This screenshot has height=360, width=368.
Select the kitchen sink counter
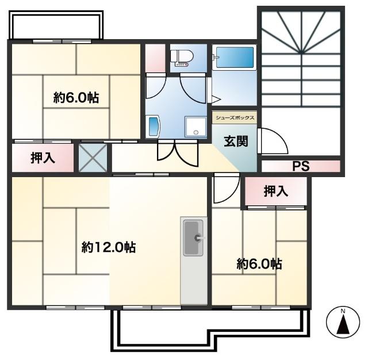194,262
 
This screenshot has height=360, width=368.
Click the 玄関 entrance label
236,141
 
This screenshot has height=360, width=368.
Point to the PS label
300,167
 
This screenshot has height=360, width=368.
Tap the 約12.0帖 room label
109,248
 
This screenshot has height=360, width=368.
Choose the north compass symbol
343,323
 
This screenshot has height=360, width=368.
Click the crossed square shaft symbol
92,158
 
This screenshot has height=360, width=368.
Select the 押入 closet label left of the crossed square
43,158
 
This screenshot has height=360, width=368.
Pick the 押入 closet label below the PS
275,192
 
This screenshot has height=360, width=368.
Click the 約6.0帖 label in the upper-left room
76,98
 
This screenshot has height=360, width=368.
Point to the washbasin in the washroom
154,125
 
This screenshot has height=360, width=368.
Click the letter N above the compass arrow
343,312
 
